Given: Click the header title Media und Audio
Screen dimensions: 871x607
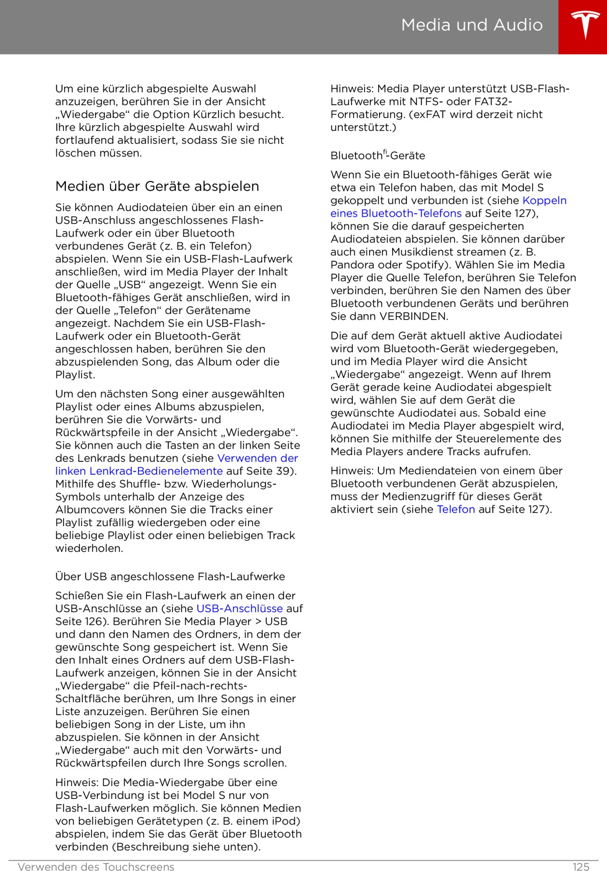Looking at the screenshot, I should click(472, 25).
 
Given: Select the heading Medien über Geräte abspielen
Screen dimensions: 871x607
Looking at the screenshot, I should click(157, 186).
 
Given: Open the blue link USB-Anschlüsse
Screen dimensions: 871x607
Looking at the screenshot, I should click(239, 608).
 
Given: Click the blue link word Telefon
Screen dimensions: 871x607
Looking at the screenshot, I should click(456, 509).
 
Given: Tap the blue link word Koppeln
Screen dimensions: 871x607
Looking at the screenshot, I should click(544, 200).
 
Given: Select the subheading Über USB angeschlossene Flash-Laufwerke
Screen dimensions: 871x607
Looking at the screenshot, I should click(170, 577).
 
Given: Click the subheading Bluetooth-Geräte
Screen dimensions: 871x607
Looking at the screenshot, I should click(377, 156).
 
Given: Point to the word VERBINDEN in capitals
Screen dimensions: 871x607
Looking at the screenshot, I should click(414, 316).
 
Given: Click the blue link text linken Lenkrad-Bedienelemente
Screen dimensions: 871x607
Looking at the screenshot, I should click(139, 471).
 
